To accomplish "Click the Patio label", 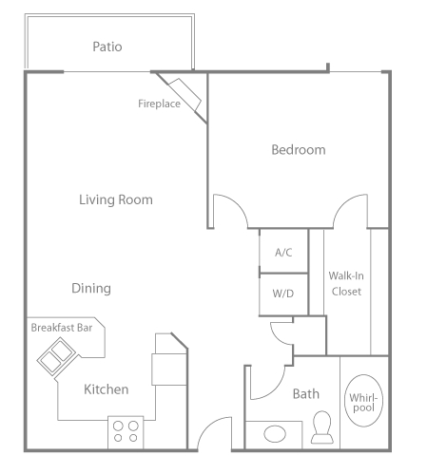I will click(x=107, y=46).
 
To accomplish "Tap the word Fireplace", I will click(x=159, y=104).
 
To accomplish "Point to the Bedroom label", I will click(x=298, y=149).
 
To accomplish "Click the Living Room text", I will click(x=115, y=199).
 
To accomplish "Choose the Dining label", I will click(x=91, y=288).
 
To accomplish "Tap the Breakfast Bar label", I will click(x=62, y=328).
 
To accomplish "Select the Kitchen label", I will click(x=106, y=389).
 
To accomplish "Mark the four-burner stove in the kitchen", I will click(x=126, y=431).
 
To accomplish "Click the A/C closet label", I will click(x=282, y=253).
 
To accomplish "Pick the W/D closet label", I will click(x=282, y=294).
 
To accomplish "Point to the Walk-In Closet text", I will click(x=345, y=283).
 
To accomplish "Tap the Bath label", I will click(x=305, y=393).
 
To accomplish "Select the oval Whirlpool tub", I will click(x=361, y=401).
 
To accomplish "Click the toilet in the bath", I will click(x=320, y=427).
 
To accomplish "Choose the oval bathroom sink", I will click(x=275, y=434).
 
